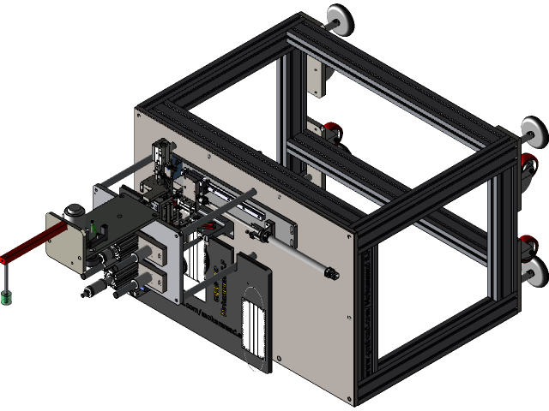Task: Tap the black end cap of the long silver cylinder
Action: [331, 273]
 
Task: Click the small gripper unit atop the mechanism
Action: [163, 154]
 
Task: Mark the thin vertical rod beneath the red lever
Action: [6, 277]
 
